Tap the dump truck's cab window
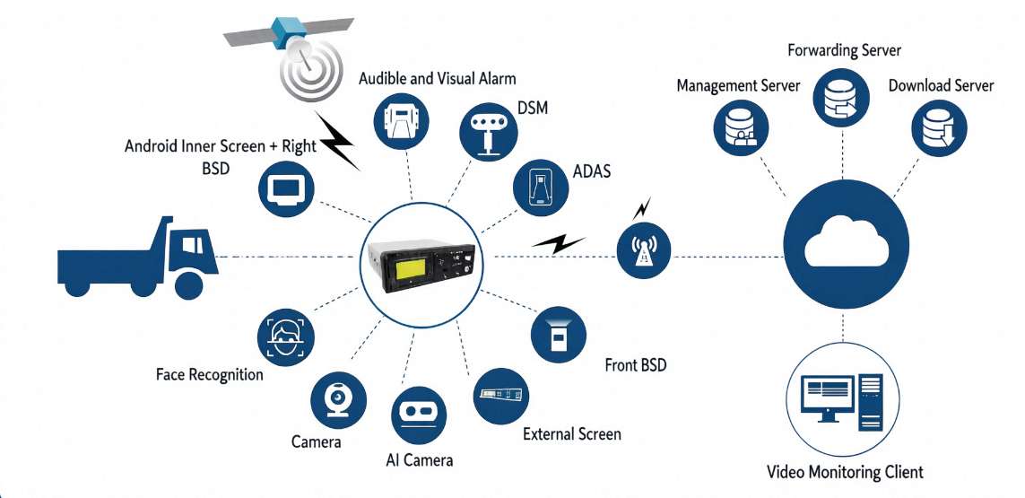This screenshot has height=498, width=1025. pos(191,245)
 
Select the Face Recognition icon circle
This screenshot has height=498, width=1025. pos(286,337)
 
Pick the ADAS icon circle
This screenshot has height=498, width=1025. pos(542,188)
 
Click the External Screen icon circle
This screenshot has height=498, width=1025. pos(501,396)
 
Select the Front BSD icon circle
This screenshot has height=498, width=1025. pos(558,335)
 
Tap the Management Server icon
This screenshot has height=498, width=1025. pos(740,128)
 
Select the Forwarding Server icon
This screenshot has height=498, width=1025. pos(841,98)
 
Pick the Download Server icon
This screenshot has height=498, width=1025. pos(940,127)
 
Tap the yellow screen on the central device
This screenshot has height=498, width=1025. pos(408,269)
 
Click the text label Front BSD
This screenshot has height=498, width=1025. pos(636,364)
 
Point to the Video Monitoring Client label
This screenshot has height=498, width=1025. pos(845,472)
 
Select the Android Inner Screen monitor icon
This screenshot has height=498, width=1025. pos(286,188)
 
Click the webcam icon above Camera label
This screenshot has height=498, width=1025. pos(338,400)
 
